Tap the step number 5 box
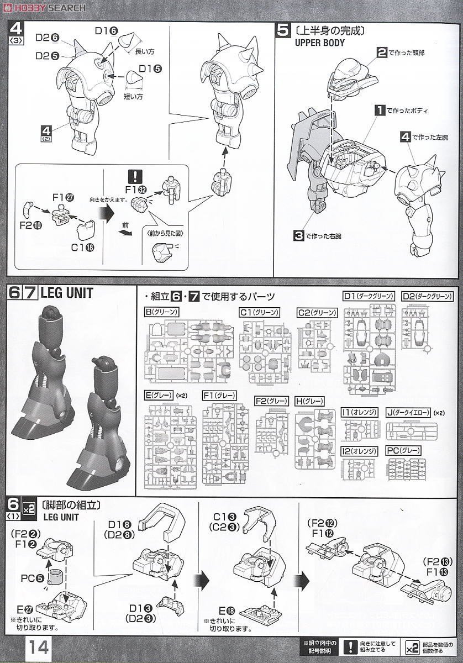(282, 30)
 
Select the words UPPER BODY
(320, 43)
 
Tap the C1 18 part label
(83, 247)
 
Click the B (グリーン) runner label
(161, 312)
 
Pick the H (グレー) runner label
(309, 401)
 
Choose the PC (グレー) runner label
(403, 450)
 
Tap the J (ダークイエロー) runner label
(409, 412)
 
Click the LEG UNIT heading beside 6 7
(67, 293)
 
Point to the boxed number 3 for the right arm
(298, 236)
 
